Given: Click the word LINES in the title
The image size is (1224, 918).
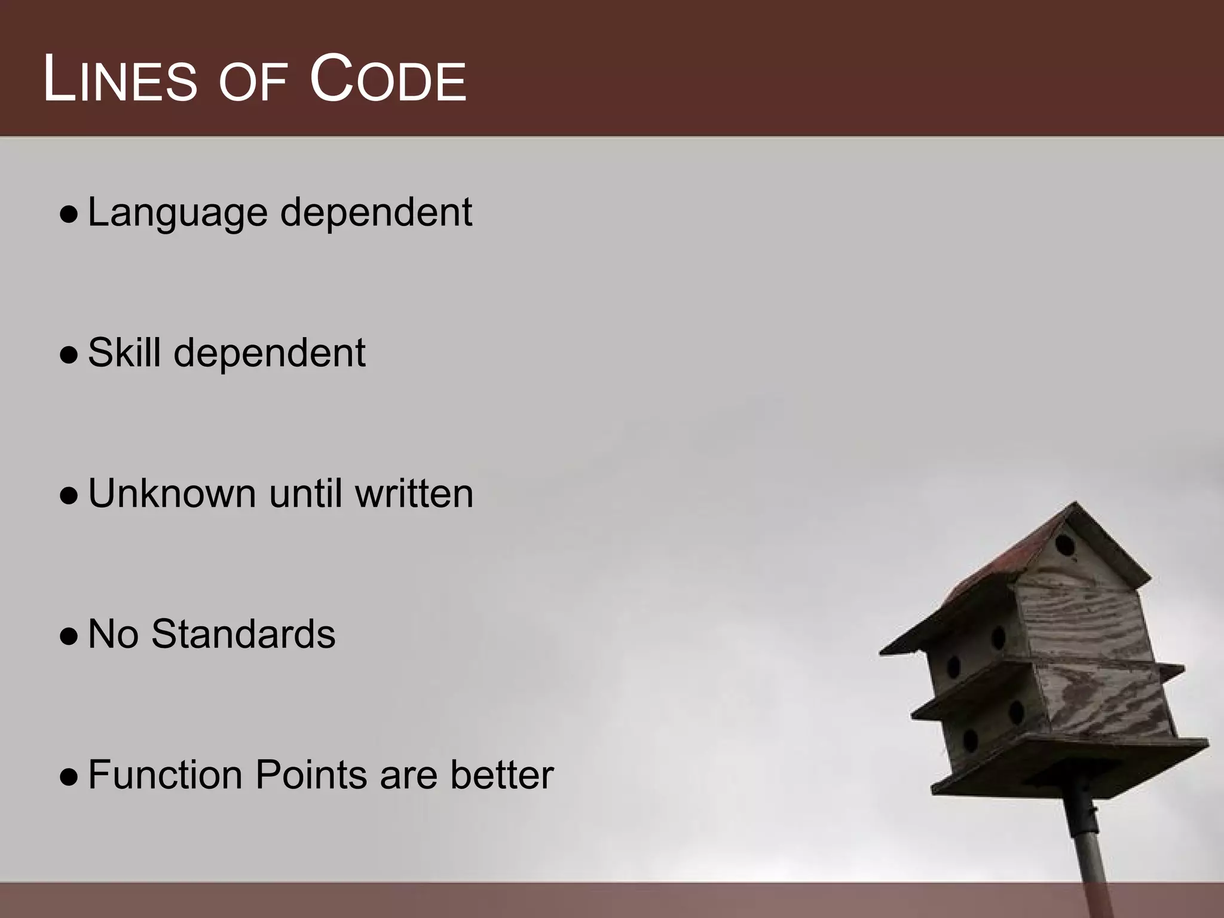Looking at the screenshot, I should click(120, 80).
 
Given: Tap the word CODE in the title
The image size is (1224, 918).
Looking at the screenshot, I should click(387, 80).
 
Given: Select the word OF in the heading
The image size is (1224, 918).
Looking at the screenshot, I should click(252, 84).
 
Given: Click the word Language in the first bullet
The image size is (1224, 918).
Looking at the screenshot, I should click(177, 213).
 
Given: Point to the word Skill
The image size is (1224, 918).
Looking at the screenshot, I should click(124, 353).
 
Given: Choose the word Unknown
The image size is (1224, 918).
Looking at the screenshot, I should click(172, 494).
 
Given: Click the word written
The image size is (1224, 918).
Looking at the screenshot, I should click(414, 494).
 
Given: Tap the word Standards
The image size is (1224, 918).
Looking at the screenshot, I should click(243, 634).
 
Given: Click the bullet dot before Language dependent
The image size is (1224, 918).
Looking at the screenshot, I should click(69, 215).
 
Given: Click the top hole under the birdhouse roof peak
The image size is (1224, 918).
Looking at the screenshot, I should click(1064, 545).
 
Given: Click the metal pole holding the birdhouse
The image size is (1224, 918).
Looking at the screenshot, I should click(1094, 849).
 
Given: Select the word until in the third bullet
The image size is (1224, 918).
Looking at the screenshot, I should click(307, 494).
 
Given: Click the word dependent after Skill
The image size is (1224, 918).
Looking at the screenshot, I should click(269, 353).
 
